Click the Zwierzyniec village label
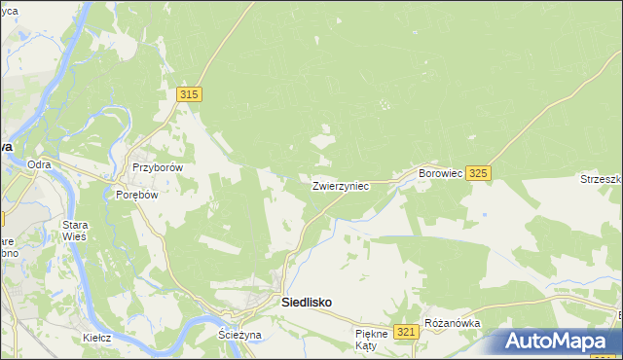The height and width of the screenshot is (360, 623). point(340,185)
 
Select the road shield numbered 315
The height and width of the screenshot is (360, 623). point(190,93)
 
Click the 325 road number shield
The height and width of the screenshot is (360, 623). point(477,172)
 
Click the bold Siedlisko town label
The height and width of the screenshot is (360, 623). point(306,303)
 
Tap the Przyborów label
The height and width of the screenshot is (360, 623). point(157,166)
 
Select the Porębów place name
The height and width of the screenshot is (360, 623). point(136,193)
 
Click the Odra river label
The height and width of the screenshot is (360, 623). point(39,164)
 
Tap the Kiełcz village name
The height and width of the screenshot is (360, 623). point(96,337)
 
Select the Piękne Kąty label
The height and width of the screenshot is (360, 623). point(371,340)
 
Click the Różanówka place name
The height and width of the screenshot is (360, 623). point(454,322)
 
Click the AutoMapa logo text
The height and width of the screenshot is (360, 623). point(568,342)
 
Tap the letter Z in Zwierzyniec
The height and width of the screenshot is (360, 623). point(315,185)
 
